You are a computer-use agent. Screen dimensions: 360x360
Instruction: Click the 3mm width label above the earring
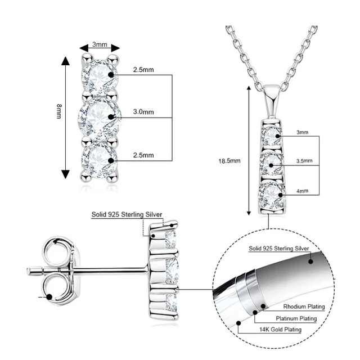(x=100, y=44)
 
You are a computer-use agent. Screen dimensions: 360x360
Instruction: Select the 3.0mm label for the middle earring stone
(x=143, y=112)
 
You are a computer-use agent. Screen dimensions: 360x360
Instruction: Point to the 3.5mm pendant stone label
(x=304, y=161)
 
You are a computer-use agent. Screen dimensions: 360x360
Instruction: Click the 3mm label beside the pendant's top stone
(x=302, y=132)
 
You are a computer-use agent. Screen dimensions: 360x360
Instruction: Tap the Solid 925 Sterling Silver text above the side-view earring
(x=127, y=214)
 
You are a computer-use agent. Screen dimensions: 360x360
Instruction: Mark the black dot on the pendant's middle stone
(x=271, y=164)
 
